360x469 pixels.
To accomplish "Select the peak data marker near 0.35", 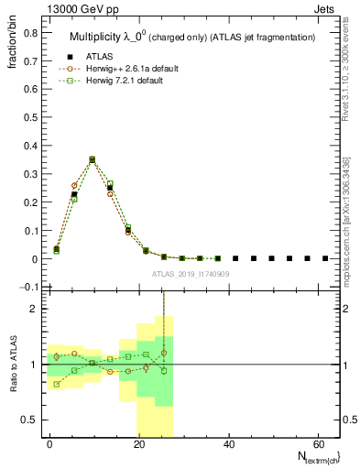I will pyautogui.click(x=92, y=159).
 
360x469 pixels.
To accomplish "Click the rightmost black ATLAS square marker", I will pyautogui.click(x=325, y=258).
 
